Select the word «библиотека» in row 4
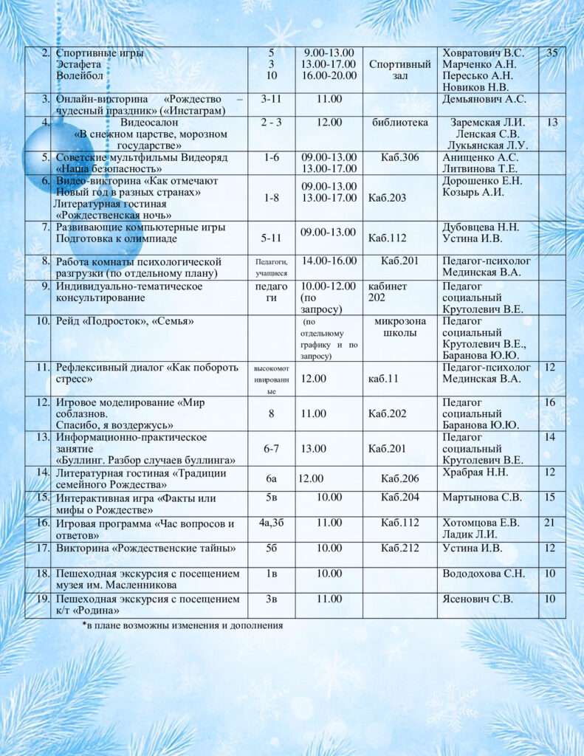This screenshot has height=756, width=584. coord(400,123)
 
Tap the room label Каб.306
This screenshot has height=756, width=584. coord(400,157)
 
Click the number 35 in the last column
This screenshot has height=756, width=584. coord(552,53)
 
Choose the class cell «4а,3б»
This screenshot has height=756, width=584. coord(271,523)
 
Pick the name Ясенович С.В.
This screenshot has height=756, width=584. coord(477,599)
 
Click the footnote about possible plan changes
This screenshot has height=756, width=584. coord(182,626)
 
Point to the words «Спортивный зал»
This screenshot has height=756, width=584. coord(399,70)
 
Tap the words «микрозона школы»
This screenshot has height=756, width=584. coord(400,327)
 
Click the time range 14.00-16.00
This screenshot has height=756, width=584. coord(329,261)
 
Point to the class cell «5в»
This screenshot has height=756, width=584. coord(271,498)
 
